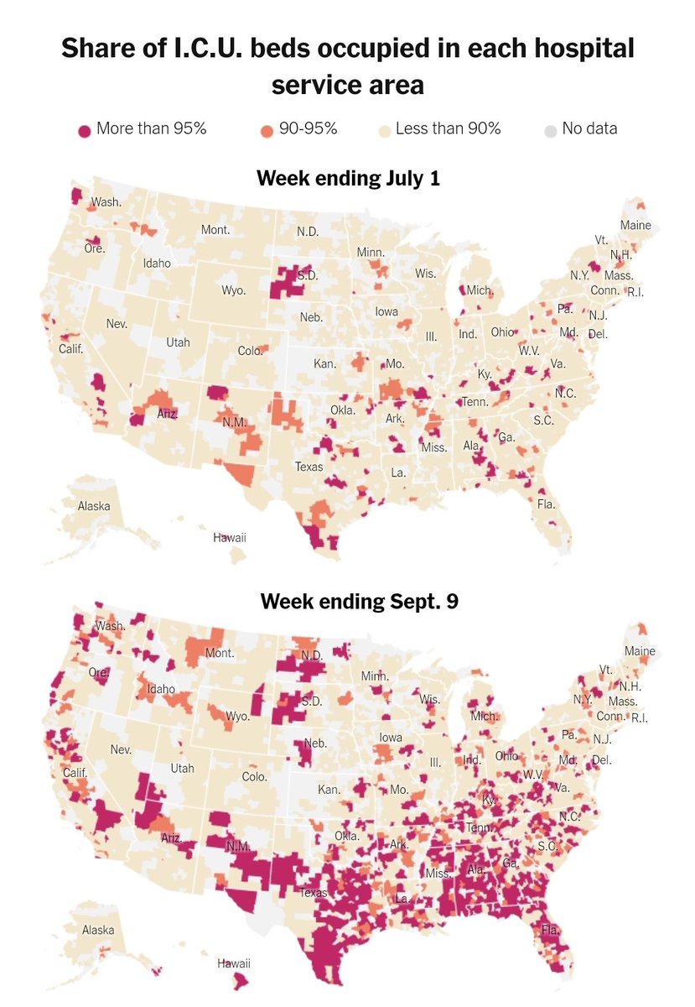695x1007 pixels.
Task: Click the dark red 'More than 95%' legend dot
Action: click(x=84, y=130)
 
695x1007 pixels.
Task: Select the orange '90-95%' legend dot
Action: click(x=267, y=130)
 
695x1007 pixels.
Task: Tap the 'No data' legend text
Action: click(x=590, y=129)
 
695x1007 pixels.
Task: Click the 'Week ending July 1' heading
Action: click(x=347, y=179)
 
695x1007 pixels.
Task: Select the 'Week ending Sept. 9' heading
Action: click(x=347, y=602)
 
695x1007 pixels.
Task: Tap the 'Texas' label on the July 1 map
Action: click(x=309, y=467)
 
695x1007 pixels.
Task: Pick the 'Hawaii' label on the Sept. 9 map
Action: click(x=235, y=963)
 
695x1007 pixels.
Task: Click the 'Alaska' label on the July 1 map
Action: click(x=94, y=506)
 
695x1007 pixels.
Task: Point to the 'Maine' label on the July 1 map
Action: click(x=635, y=225)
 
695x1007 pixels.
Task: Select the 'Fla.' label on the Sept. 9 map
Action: click(x=550, y=931)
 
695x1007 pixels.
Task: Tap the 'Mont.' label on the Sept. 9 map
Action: click(x=219, y=653)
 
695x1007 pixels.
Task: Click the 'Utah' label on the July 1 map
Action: click(x=178, y=342)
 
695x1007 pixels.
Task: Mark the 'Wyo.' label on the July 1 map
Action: click(x=233, y=290)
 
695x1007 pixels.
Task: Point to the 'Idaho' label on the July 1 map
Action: click(x=157, y=263)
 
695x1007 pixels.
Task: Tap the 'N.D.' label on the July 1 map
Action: click(x=308, y=231)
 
